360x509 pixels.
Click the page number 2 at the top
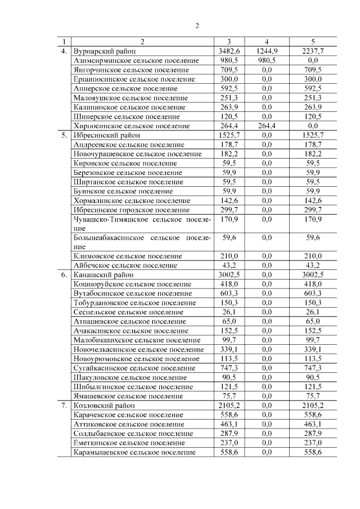point(197,25)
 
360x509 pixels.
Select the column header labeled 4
point(267,42)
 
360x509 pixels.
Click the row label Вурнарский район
point(105,51)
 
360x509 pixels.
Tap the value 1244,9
point(267,51)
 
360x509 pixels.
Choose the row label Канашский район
point(103,275)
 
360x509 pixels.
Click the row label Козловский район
point(105,405)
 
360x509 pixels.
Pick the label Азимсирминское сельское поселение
point(136,60)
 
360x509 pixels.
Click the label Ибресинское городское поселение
point(132,210)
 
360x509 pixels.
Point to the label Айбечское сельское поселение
point(125,265)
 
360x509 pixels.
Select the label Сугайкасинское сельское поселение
point(136,368)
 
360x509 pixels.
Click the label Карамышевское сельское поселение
point(135,452)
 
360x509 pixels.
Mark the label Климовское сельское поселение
point(128,256)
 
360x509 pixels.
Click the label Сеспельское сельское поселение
point(128,312)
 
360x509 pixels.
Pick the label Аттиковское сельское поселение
point(129,424)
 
